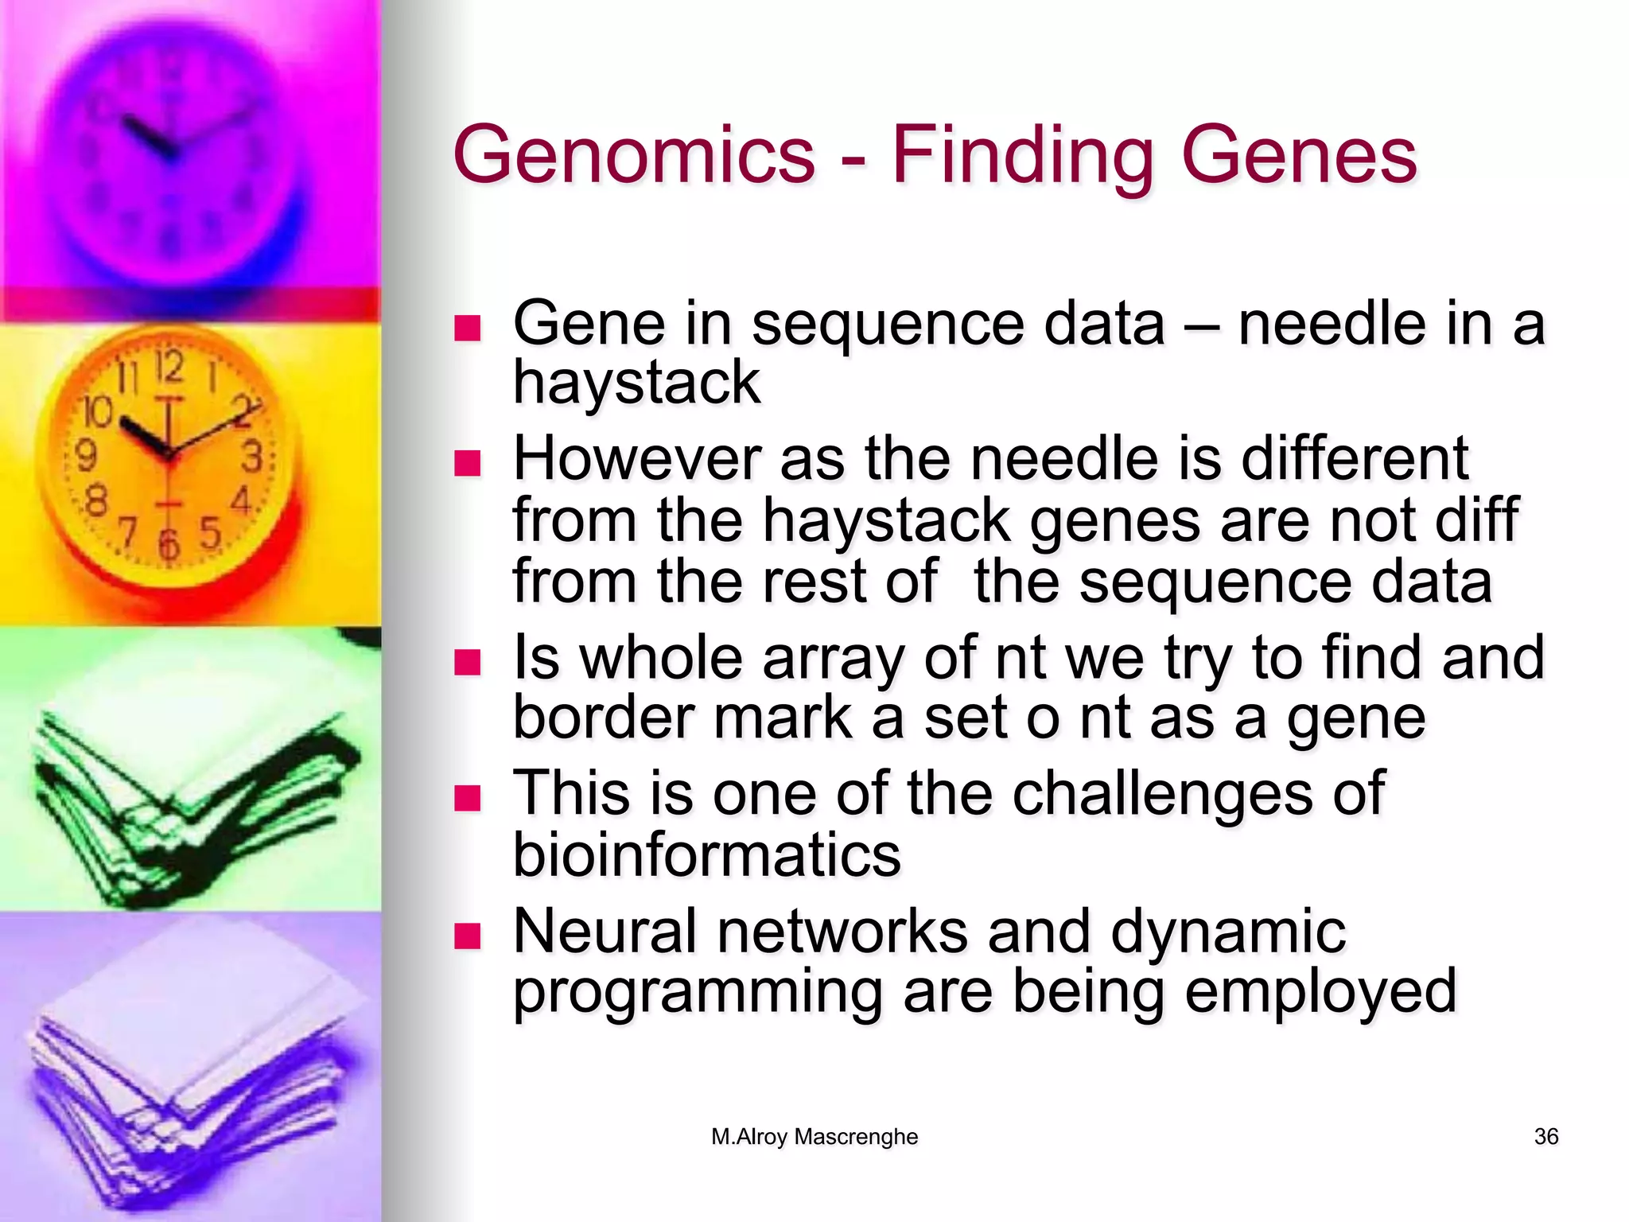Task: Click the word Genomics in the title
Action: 633,157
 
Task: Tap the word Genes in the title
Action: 1299,157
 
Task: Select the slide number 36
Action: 1545,1137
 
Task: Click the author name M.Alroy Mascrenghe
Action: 814,1137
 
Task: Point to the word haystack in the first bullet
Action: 636,383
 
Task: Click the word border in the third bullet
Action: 602,718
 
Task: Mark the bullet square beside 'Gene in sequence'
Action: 468,328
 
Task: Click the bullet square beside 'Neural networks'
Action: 468,936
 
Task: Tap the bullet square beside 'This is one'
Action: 468,798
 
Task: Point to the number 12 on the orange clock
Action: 169,368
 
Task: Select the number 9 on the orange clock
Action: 85,456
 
